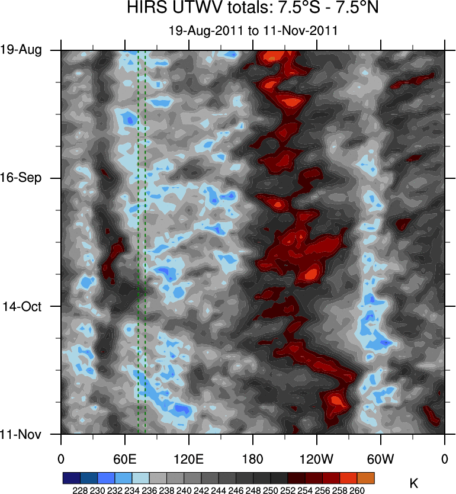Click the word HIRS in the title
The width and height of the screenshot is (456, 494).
[144, 9]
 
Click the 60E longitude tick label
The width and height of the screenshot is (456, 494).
[125, 459]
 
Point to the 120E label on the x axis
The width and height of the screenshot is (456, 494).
[189, 459]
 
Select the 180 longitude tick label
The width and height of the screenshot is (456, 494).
[253, 459]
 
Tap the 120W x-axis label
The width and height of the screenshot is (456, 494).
[317, 459]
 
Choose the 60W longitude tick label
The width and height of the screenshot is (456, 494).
[381, 459]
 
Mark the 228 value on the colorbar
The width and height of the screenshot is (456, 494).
[80, 490]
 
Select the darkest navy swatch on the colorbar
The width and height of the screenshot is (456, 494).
[71, 478]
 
